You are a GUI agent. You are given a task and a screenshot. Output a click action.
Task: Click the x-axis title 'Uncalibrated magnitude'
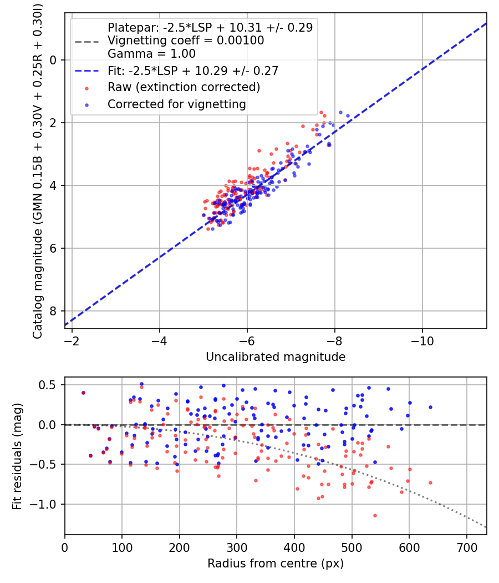(276, 357)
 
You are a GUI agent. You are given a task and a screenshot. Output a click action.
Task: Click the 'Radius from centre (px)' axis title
(276, 564)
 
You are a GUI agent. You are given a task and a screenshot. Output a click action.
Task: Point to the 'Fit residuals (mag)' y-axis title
(17, 456)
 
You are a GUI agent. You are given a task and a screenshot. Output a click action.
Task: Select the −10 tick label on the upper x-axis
(422, 341)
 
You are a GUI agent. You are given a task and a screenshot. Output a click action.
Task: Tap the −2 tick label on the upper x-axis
(72, 341)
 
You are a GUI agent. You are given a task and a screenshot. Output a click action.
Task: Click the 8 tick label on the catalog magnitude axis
(53, 311)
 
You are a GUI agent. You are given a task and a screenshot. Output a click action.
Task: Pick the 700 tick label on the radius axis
(466, 547)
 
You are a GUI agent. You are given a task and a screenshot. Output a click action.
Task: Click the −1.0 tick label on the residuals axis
(43, 504)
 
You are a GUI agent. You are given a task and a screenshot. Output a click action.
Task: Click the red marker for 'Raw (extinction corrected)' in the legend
(87, 88)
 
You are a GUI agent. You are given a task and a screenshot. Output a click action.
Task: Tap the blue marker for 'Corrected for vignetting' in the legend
(87, 105)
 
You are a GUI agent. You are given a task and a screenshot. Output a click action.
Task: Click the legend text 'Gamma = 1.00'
(151, 54)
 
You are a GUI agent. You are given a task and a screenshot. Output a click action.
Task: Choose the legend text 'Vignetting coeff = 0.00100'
(186, 41)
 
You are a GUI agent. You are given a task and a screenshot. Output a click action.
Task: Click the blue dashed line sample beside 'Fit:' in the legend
(87, 71)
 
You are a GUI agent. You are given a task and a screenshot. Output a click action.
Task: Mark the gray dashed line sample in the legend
(87, 42)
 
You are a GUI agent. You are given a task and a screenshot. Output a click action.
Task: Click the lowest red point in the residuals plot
(375, 515)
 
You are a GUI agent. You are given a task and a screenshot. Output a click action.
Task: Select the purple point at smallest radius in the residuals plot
(84, 393)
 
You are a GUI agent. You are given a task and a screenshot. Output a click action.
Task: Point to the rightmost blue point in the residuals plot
(430, 407)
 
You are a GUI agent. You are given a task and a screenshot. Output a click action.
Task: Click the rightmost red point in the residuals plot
(430, 483)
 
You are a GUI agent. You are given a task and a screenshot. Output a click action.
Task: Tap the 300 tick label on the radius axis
(237, 547)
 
